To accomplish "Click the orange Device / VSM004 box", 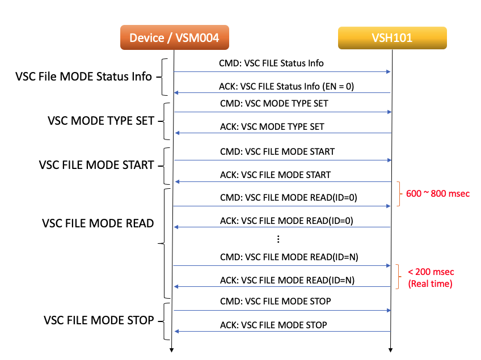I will click(x=174, y=38).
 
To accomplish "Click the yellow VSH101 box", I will click(x=392, y=38).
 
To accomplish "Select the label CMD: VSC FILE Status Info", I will click(x=271, y=63).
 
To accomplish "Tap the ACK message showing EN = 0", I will click(x=286, y=87).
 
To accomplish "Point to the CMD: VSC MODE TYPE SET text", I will click(x=273, y=104).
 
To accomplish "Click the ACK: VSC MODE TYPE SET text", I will click(x=272, y=126).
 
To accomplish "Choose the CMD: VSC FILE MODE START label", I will click(x=277, y=151).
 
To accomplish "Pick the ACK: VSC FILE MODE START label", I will click(x=275, y=175).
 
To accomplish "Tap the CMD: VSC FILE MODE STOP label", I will click(x=275, y=300).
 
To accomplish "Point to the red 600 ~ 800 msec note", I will click(x=438, y=193).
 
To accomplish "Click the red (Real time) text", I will click(x=431, y=284).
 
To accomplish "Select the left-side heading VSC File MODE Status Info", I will click(x=83, y=77).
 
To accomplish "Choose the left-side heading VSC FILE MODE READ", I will click(x=98, y=223).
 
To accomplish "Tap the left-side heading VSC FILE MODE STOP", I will click(x=99, y=320).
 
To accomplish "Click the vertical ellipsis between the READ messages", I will click(x=279, y=239).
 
